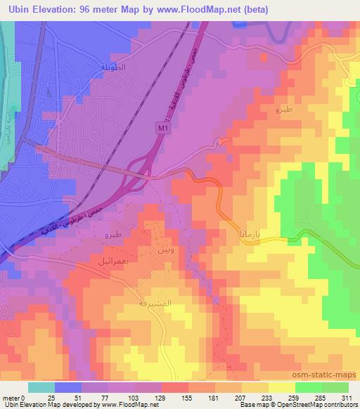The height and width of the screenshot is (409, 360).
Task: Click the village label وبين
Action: [159, 250]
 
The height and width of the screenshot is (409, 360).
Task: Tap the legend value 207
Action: [220, 398]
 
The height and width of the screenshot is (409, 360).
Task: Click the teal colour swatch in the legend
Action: [41, 387]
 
